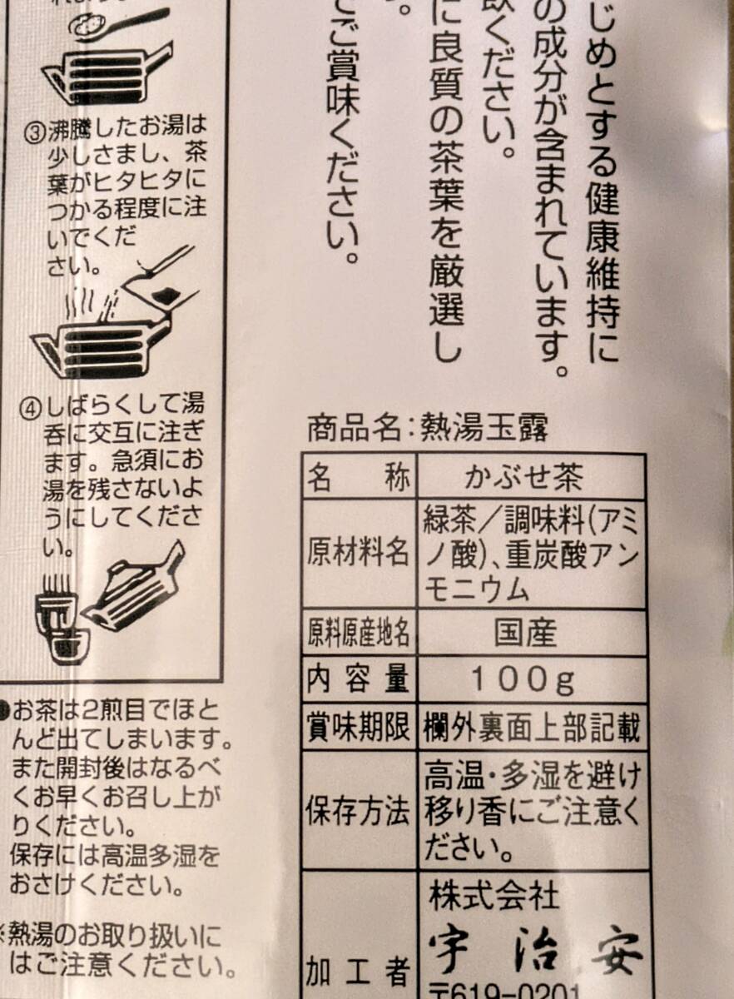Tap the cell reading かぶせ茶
[x=524, y=478]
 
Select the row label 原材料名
[x=358, y=553]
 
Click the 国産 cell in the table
[x=524, y=634]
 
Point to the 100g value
[x=524, y=680]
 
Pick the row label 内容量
[x=358, y=680]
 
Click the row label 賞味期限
[x=358, y=728]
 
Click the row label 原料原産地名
[x=358, y=634]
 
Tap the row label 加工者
[x=358, y=970]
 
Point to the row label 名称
[x=358, y=478]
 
